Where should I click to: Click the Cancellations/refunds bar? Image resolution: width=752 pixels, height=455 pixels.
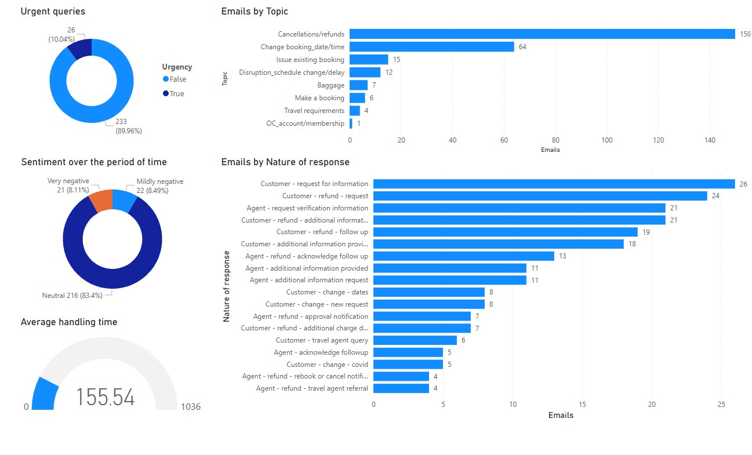542,34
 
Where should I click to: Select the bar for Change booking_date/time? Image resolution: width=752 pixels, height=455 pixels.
431,47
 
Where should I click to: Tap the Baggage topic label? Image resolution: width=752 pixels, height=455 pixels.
330,85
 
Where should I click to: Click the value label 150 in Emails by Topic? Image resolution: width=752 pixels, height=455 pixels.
745,34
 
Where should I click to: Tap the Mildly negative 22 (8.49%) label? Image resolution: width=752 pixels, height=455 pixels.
159,185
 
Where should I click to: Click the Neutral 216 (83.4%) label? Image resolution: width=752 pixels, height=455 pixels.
72,296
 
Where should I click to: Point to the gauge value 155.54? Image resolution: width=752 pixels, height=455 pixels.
105,398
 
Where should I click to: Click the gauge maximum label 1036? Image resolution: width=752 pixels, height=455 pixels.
191,407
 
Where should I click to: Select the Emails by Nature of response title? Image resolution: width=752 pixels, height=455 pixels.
285,162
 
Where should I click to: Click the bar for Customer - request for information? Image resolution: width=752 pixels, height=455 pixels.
554,184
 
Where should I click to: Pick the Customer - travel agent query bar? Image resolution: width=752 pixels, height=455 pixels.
415,340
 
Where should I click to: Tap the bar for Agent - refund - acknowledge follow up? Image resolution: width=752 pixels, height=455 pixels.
464,256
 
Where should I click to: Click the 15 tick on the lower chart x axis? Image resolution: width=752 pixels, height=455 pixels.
582,404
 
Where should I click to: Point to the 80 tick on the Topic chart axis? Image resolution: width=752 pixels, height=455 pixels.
555,140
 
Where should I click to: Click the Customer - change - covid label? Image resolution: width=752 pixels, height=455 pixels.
327,365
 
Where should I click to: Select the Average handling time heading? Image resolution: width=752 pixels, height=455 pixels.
69,322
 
